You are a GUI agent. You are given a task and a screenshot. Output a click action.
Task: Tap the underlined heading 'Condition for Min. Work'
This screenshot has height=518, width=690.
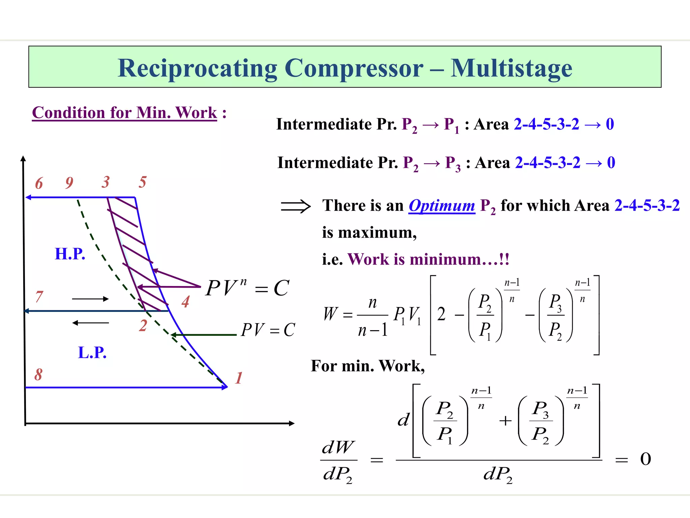124,113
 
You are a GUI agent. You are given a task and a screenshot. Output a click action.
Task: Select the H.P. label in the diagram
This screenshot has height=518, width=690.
70,254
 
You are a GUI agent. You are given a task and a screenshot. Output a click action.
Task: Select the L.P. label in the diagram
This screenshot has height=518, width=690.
92,353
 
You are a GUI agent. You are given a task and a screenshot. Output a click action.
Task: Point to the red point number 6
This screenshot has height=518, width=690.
39,183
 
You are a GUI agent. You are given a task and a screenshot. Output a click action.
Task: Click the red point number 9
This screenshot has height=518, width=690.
69,183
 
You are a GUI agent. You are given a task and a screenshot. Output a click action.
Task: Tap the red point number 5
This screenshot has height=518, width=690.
143,182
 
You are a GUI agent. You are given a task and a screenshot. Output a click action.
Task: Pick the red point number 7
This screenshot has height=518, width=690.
39,297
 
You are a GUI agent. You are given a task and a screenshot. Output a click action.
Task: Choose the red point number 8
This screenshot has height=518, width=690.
38,375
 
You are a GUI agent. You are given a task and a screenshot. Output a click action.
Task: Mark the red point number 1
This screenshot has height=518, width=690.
239,378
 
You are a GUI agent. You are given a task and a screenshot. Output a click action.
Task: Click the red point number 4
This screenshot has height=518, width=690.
185,301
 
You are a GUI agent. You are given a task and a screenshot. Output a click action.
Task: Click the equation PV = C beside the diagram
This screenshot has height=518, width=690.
268,330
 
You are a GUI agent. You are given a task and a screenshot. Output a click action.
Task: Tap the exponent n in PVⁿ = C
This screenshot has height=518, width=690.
243,282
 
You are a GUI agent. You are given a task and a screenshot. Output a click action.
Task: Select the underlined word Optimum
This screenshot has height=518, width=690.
442,206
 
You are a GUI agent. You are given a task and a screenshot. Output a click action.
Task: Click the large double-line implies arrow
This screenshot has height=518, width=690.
295,206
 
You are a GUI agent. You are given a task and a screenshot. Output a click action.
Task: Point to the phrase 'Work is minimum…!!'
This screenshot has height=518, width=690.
428,259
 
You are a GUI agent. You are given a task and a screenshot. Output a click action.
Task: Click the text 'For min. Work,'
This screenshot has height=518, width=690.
368,366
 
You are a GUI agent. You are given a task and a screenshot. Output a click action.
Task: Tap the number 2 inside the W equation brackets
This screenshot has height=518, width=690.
441,314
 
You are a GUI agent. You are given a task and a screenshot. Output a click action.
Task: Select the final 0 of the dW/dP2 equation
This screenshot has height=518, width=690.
646,459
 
